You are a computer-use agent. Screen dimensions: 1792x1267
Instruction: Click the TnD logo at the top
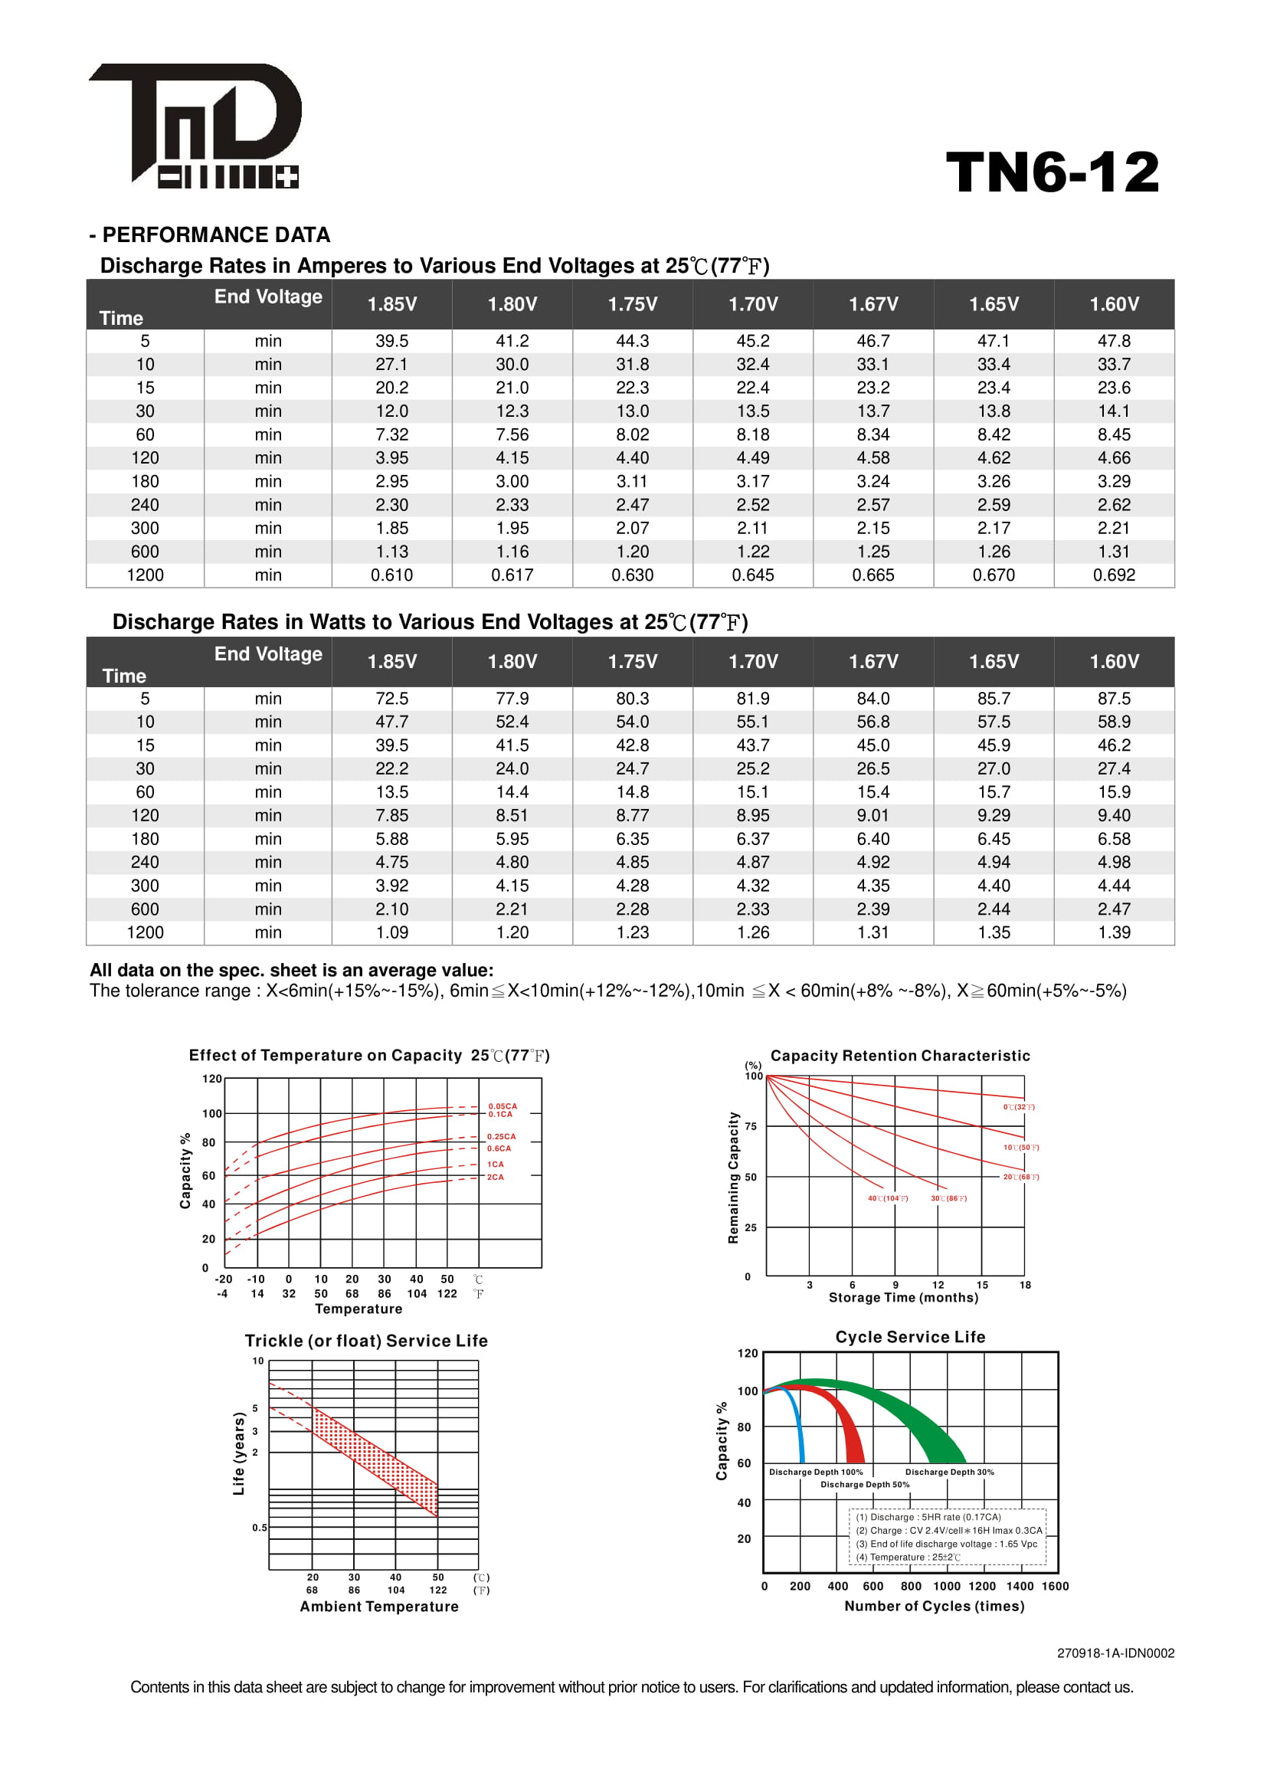pos(195,125)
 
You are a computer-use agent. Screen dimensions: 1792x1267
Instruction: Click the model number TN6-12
pos(1053,172)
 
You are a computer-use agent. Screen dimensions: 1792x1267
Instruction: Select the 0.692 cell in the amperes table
pos(1113,575)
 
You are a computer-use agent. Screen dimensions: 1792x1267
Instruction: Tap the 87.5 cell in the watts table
pos(1113,699)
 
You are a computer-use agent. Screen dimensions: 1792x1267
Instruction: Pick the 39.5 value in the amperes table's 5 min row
pos(391,341)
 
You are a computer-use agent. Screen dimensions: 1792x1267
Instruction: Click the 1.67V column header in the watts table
pos(873,662)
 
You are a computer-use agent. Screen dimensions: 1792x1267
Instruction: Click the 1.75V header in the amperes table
pos(632,304)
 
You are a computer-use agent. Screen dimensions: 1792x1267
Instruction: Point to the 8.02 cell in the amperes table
pos(632,434)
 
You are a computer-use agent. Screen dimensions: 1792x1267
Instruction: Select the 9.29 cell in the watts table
pos(994,816)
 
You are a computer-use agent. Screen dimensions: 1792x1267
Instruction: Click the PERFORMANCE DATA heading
pos(210,235)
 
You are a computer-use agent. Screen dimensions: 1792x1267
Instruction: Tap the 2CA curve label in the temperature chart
pos(496,1177)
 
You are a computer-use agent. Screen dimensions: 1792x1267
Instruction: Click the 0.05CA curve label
pos(503,1106)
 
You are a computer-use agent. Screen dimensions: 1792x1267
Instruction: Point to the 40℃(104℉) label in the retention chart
pos(888,1198)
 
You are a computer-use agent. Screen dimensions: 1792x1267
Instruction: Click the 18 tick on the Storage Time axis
pos(1025,1285)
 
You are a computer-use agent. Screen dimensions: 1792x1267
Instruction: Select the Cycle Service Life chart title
pos(910,1337)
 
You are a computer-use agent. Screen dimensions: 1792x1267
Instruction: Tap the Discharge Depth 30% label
pos(949,1472)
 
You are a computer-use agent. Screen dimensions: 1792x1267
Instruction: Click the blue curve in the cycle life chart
pos(797,1420)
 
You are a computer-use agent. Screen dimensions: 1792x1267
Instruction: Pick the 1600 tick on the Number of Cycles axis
pos(1055,1586)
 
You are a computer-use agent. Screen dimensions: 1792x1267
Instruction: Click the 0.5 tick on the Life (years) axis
pos(259,1528)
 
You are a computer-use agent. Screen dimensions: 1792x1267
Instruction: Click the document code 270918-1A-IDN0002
pos(1115,1653)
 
